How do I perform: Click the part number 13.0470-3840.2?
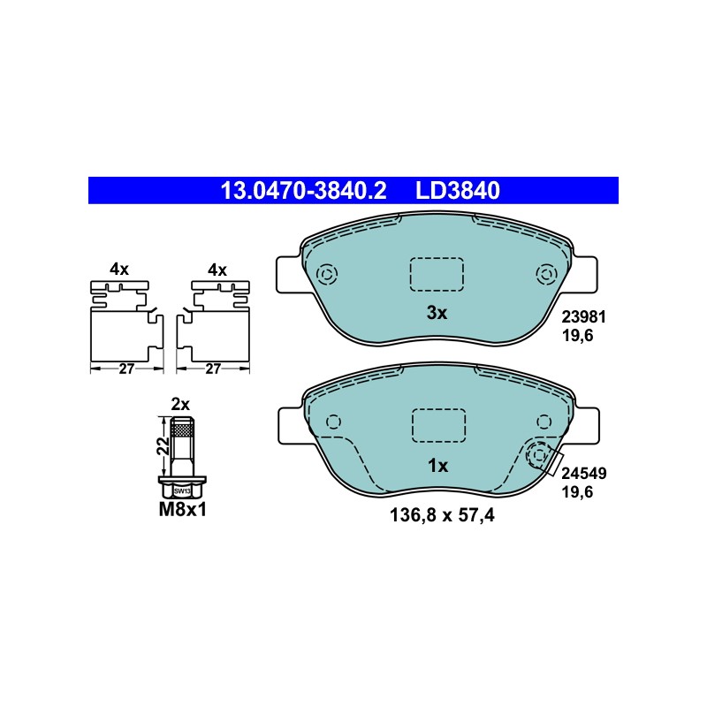(x=303, y=190)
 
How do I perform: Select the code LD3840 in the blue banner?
(x=457, y=190)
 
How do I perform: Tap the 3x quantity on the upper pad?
(x=437, y=313)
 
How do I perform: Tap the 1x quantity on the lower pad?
(x=437, y=466)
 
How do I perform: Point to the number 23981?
(x=583, y=317)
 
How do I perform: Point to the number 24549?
(x=584, y=474)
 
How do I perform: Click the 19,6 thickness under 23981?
(x=577, y=336)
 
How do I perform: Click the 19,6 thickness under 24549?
(x=577, y=492)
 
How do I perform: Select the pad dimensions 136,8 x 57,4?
(x=442, y=515)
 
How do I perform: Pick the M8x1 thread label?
(x=183, y=510)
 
